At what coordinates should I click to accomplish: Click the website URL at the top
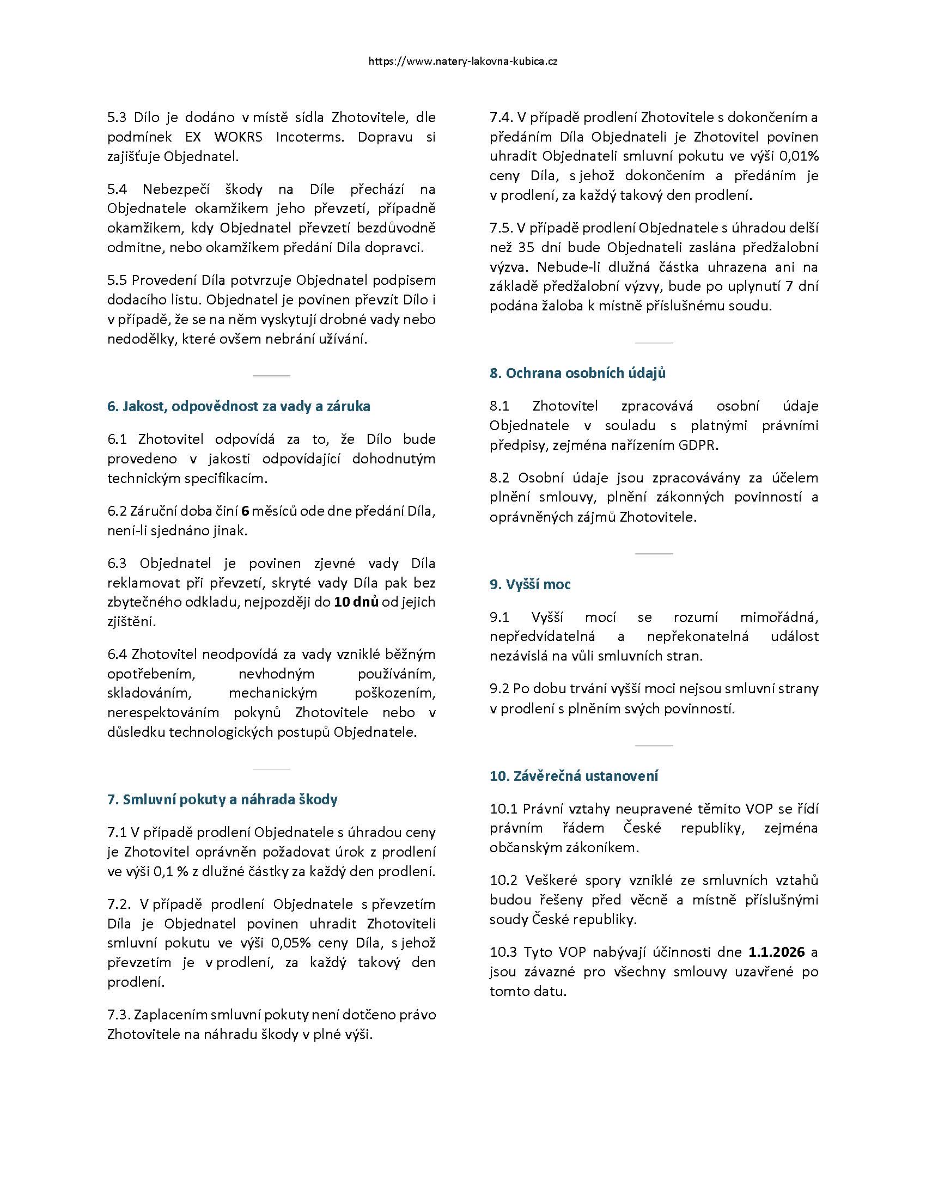pos(463,62)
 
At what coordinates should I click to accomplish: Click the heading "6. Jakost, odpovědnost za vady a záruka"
pos(239,406)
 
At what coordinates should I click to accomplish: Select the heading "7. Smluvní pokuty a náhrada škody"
pos(222,800)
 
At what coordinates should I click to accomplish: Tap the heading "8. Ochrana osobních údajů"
pos(577,373)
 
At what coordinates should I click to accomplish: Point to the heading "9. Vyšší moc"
pos(530,584)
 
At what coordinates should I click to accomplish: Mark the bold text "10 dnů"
pos(357,602)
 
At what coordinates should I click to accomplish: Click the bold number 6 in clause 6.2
pos(245,511)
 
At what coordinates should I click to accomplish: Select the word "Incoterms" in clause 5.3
pos(310,137)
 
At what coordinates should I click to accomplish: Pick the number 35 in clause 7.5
pos(526,247)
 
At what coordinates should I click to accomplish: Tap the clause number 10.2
pos(504,881)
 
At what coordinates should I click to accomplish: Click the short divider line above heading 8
pos(653,344)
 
